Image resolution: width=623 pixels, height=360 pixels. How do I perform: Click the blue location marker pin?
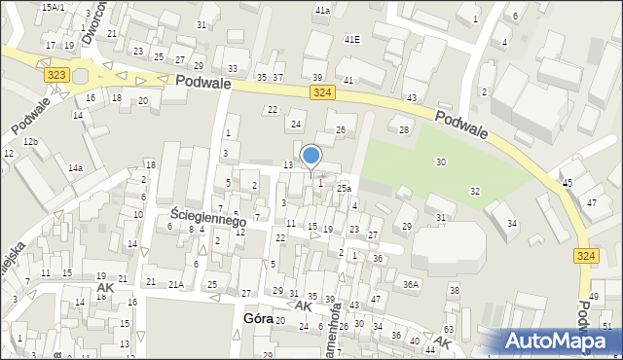click(311, 157)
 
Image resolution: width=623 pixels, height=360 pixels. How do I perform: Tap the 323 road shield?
click(56, 74)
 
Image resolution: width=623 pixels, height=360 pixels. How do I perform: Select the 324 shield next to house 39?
click(324, 91)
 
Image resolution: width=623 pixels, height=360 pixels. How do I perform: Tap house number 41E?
click(351, 39)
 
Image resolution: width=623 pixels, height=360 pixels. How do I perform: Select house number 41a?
click(322, 10)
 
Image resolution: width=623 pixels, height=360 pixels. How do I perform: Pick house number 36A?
click(412, 284)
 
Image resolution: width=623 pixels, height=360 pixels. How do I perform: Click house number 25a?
click(344, 188)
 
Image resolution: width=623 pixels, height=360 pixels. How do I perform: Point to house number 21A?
click(176, 284)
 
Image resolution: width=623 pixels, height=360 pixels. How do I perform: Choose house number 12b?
click(31, 142)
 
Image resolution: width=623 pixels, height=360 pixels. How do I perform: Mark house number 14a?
click(75, 168)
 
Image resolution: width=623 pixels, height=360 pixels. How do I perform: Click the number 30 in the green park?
click(441, 162)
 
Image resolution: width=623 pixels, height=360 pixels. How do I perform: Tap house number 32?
click(475, 191)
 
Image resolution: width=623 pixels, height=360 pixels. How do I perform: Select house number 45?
click(567, 182)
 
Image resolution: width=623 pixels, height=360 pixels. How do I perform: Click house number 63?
click(449, 331)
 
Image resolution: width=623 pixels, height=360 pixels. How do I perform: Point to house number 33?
click(232, 68)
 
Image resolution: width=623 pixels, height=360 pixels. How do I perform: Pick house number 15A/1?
click(54, 7)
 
